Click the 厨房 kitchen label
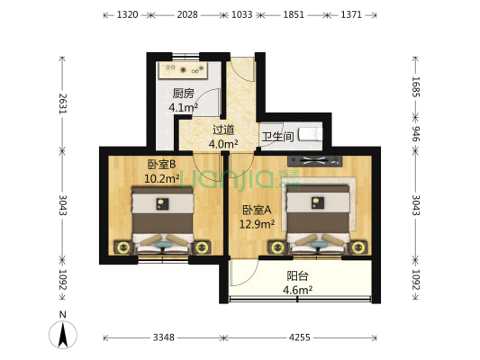coord(183,94)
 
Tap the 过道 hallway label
coord(223,130)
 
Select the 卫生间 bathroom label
coord(277,137)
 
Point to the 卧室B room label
coord(161,165)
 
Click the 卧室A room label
coord(257,210)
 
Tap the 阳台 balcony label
coord(297,276)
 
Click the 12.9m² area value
coord(257,224)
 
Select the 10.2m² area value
coord(161,178)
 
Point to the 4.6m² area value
coord(297,290)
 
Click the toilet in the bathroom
coord(311,134)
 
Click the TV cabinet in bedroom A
coord(314,161)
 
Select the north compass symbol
coord(63,334)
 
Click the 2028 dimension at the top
coord(187,14)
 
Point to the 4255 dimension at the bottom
coord(300,337)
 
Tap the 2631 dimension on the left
coord(63,103)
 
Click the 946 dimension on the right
coord(415,134)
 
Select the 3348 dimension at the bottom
coord(164,337)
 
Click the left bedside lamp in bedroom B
coord(123,247)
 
